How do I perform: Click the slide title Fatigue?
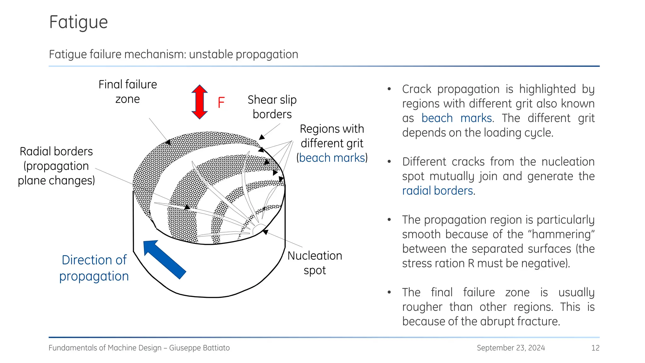(78, 22)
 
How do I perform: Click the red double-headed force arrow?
(199, 102)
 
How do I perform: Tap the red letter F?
(221, 103)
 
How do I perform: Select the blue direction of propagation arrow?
(164, 259)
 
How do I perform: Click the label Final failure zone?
(128, 92)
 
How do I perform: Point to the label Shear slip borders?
(272, 107)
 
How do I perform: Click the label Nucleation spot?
(315, 263)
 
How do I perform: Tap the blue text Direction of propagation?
(94, 268)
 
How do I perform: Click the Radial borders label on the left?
(56, 166)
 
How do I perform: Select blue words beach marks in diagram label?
(332, 158)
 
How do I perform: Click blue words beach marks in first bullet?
(456, 118)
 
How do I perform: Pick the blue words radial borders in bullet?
(437, 191)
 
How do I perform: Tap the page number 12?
(595, 348)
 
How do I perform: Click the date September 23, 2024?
(511, 348)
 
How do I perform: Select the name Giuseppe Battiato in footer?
(199, 348)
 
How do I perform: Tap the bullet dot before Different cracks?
(389, 162)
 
